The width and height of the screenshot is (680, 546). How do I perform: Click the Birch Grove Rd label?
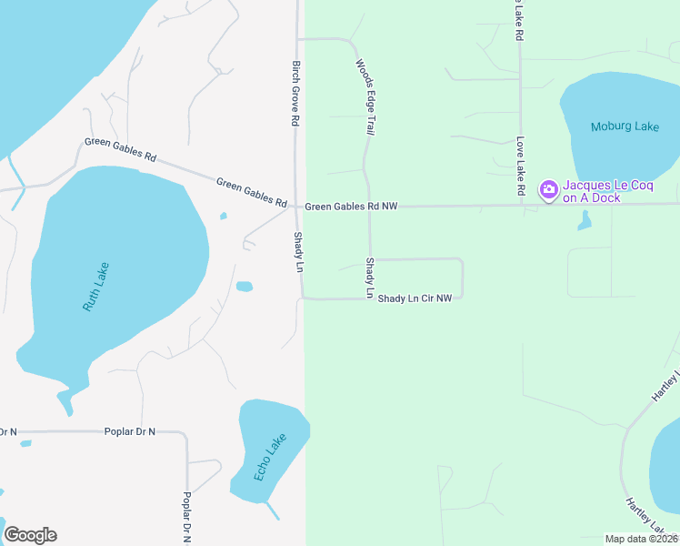295,93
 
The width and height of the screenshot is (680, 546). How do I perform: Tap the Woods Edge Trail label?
365,97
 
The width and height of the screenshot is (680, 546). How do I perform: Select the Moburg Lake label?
625,126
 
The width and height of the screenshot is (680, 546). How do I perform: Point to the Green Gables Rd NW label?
351,207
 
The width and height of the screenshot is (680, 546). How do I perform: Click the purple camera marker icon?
548,189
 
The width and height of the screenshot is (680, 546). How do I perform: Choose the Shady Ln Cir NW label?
415,298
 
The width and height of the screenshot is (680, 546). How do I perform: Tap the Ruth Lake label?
95,288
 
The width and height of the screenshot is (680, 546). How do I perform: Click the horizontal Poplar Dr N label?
127,430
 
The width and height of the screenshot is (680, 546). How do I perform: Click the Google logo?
30,535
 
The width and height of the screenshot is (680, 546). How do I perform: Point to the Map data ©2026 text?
640,539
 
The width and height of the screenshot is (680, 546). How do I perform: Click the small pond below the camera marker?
584,221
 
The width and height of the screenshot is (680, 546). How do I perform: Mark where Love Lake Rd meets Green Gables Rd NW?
522,206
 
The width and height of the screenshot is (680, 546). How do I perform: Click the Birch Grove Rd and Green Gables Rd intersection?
295,207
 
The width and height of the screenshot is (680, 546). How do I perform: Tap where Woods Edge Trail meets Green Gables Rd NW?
367,207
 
